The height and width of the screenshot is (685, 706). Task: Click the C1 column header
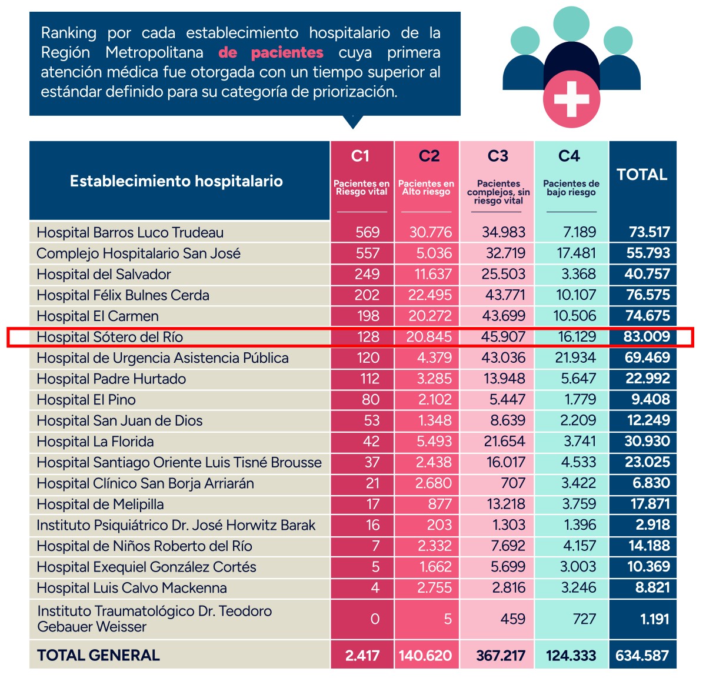(x=360, y=156)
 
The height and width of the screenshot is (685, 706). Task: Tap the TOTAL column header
(x=642, y=175)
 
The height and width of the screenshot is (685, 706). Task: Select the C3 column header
(x=498, y=156)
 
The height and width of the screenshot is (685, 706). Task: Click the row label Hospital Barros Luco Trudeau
(x=130, y=232)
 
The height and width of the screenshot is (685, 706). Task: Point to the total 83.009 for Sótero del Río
(x=647, y=336)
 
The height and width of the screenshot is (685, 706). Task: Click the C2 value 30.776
(x=430, y=232)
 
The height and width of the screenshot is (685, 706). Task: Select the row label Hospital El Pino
(x=86, y=400)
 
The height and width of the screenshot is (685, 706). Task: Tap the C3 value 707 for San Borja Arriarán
(x=512, y=483)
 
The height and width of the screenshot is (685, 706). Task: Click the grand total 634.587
(x=642, y=656)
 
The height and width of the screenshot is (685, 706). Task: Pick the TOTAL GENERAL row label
(x=98, y=655)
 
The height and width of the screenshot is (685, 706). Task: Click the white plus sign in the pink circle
(x=571, y=99)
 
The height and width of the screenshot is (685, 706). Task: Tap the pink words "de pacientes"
(x=271, y=52)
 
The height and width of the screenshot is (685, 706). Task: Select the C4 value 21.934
(x=575, y=357)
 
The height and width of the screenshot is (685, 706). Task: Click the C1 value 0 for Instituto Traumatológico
(x=375, y=619)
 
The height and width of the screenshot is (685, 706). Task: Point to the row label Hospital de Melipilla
(x=100, y=504)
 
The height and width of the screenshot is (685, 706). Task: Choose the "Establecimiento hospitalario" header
(x=176, y=181)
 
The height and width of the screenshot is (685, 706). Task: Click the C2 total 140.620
(x=425, y=656)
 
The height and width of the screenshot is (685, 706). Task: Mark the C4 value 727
(x=584, y=619)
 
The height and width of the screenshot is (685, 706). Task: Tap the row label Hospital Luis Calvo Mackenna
(x=132, y=588)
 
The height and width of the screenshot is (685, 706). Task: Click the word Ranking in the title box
(x=69, y=34)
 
